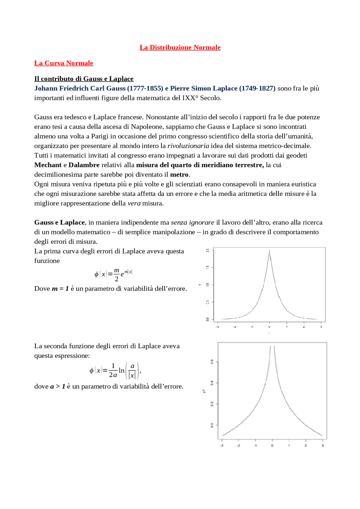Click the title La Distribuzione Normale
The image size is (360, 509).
coord(180,47)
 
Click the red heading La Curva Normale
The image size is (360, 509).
coord(64,63)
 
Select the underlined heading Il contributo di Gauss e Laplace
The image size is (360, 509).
coord(84,79)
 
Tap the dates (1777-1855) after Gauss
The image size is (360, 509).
coord(145,89)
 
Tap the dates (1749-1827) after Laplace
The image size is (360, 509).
coord(257,89)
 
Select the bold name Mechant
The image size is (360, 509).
coord(48,165)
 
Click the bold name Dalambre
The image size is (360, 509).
coord(84,165)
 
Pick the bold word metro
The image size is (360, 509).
coord(179,175)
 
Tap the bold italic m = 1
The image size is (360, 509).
coord(60,289)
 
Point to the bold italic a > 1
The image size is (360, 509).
coord(58,386)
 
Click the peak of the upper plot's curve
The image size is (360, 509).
coord(269,251)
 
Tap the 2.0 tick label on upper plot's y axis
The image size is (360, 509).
coord(208,250)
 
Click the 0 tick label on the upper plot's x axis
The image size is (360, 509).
coord(269,327)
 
